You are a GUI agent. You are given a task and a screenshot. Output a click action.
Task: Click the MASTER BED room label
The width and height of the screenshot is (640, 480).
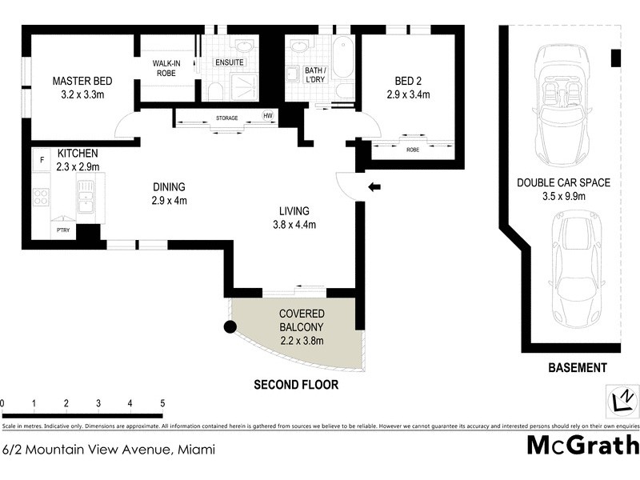tap(82, 81)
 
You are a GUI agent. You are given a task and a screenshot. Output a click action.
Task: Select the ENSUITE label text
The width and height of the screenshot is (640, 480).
tap(229, 62)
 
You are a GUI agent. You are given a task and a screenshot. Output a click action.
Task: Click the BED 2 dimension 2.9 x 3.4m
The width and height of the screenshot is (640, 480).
tap(407, 94)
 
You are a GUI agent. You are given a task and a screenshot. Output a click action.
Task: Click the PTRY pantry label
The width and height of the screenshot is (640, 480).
tap(62, 230)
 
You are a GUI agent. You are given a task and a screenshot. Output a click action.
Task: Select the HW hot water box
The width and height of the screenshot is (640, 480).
tap(268, 116)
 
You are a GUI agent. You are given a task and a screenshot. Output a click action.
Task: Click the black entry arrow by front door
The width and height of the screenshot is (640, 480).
tap(374, 187)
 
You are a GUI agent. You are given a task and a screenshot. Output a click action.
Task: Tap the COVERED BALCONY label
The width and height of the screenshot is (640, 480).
tap(301, 321)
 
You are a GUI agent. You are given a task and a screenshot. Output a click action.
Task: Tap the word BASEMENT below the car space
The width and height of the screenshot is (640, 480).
tap(577, 368)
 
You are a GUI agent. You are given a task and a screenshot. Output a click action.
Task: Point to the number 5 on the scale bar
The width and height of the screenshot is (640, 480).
tap(162, 404)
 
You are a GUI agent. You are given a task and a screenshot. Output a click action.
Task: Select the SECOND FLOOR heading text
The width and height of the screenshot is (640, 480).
tap(296, 385)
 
